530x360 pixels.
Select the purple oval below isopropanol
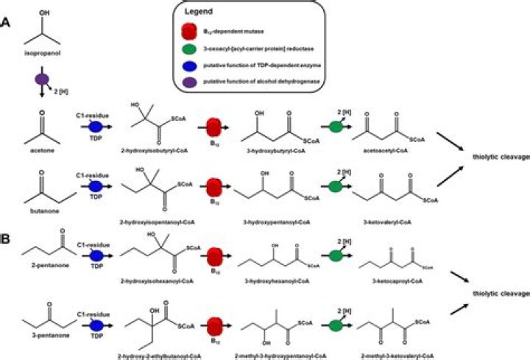pyautogui.click(x=43, y=78)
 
